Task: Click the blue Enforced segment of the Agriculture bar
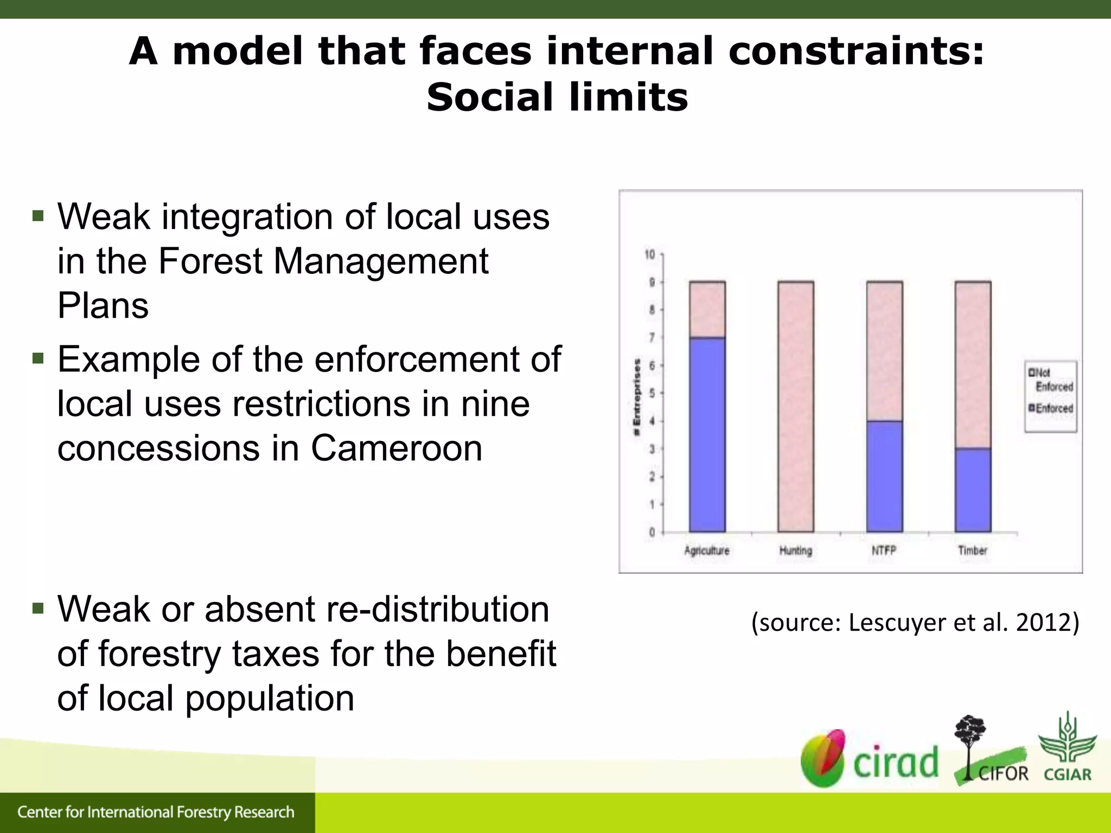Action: [x=707, y=434]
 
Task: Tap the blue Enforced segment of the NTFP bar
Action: [x=884, y=476]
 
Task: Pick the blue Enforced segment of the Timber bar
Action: [x=973, y=489]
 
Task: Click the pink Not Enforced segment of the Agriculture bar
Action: [x=707, y=309]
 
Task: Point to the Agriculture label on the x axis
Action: [x=706, y=550]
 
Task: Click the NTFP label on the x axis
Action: [x=884, y=550]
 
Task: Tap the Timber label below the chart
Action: [x=972, y=550]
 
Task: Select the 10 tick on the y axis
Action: [x=649, y=254]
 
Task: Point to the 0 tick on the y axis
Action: [x=652, y=532]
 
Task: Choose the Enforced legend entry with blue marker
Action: [x=1051, y=408]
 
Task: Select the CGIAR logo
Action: [x=1067, y=748]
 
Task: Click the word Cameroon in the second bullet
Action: [x=396, y=448]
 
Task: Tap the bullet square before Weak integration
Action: [x=37, y=216]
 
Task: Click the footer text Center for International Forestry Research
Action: [x=156, y=812]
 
